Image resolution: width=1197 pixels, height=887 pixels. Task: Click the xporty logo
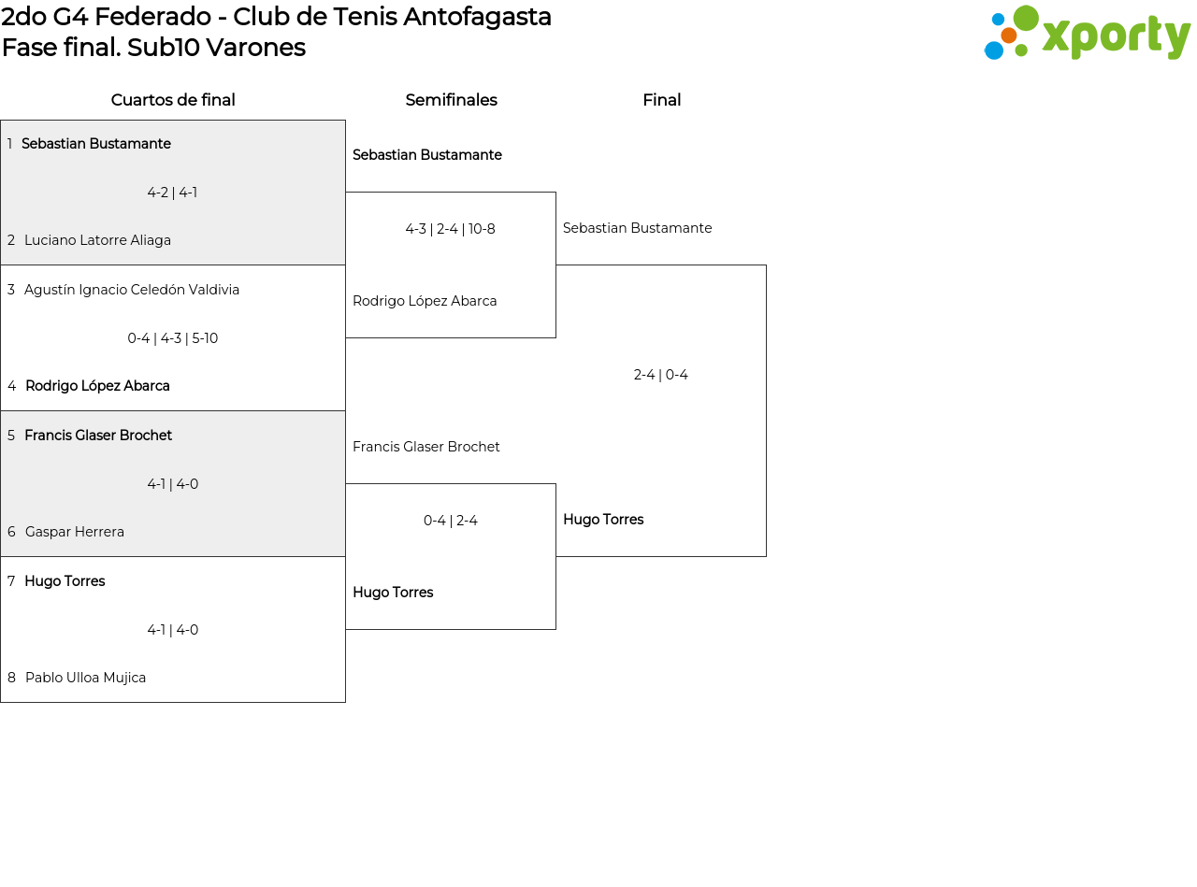(x=1087, y=34)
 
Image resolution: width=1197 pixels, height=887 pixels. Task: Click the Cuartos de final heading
(x=173, y=100)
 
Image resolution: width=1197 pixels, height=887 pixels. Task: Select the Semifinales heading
(x=451, y=100)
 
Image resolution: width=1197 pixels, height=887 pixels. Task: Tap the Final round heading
(x=661, y=100)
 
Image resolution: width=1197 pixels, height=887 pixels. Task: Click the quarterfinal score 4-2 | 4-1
(x=172, y=193)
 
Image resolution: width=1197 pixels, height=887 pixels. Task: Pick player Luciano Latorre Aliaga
(x=97, y=240)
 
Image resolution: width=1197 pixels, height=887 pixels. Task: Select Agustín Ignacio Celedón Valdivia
(x=132, y=290)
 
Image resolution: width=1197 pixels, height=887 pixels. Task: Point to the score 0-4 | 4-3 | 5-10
(x=173, y=338)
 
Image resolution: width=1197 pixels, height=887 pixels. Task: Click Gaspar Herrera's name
(x=75, y=532)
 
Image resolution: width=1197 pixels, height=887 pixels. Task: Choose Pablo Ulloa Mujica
(x=85, y=678)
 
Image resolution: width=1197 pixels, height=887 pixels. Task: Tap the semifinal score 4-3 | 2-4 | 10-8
(x=450, y=229)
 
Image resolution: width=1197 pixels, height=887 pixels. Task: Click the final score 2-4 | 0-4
(x=660, y=375)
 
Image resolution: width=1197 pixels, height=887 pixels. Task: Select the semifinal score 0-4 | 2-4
(x=450, y=521)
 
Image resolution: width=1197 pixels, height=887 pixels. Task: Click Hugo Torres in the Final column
(x=603, y=520)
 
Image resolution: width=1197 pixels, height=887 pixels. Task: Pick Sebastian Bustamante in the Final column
(x=637, y=228)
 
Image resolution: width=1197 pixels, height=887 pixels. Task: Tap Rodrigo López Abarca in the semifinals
(x=425, y=301)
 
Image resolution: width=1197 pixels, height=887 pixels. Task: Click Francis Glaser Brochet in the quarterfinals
(x=98, y=436)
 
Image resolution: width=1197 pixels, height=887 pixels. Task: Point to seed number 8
(x=11, y=678)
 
